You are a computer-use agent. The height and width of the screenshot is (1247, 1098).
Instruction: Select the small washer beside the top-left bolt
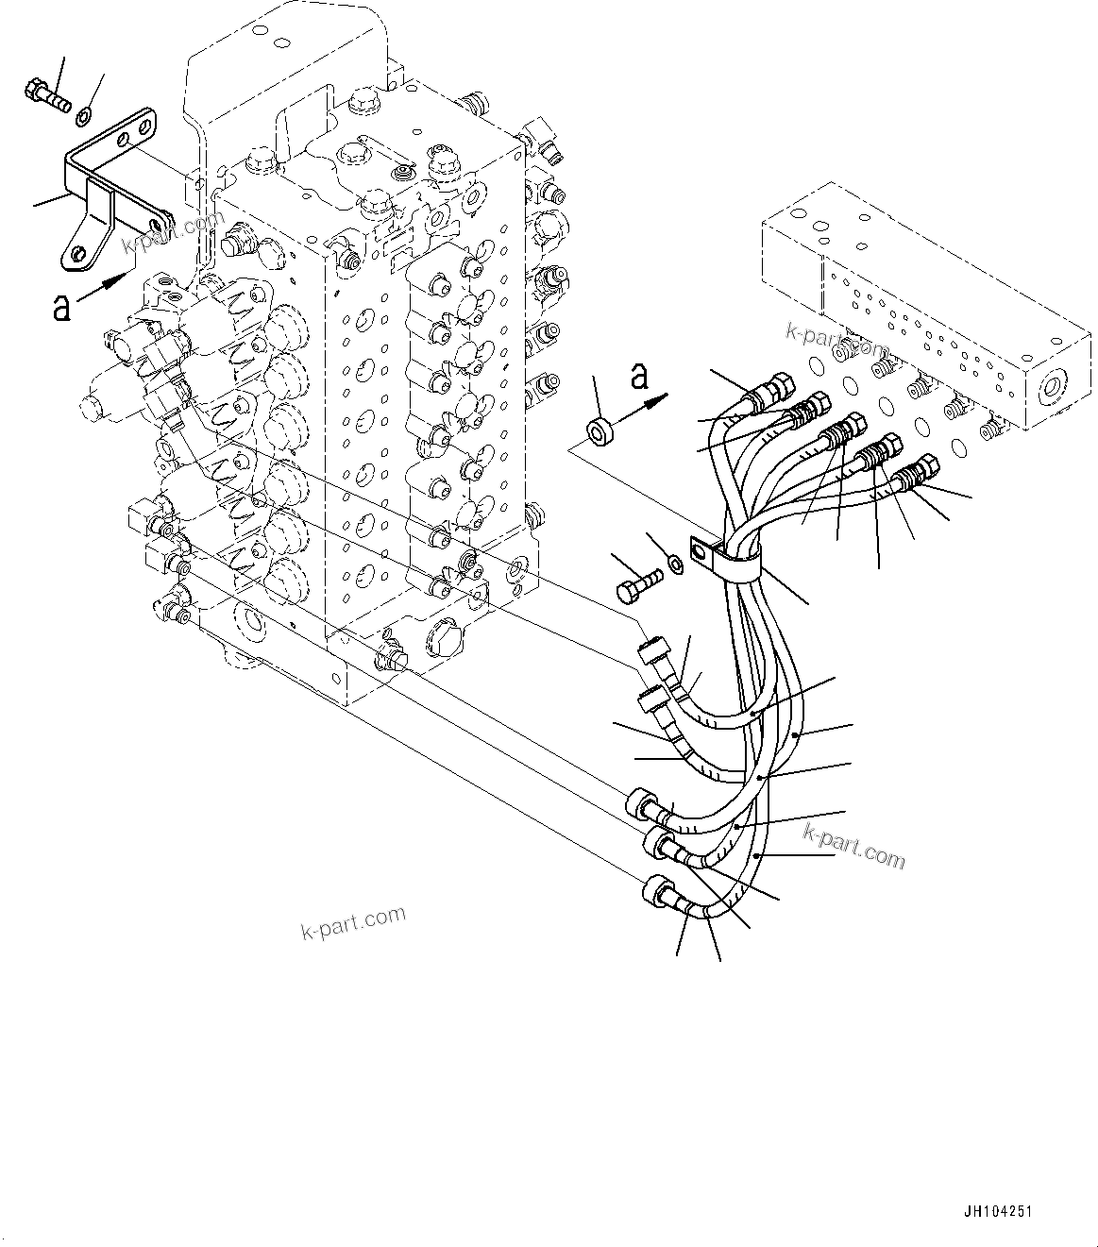click(83, 116)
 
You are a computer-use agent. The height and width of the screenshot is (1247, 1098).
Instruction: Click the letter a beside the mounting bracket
click(62, 307)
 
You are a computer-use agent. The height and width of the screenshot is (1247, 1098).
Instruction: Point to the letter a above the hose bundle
click(639, 376)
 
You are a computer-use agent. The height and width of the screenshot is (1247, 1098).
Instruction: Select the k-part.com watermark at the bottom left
click(353, 922)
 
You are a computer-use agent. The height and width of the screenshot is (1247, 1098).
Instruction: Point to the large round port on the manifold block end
click(1050, 388)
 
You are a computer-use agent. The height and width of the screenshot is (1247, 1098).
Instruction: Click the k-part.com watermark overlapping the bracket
click(174, 235)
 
